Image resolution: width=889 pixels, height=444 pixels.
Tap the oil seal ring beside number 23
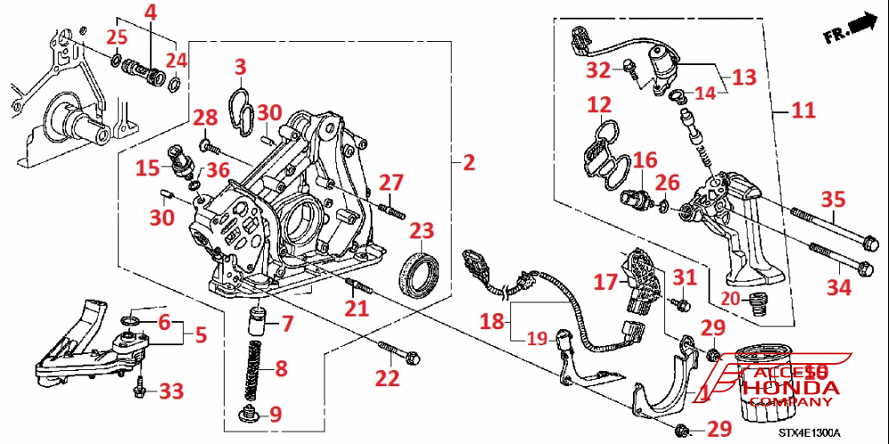click(x=420, y=270)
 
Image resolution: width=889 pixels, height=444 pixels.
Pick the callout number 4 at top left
click(x=150, y=12)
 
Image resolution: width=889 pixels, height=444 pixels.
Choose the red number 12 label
click(x=598, y=105)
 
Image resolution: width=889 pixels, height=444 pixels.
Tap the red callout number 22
click(x=387, y=377)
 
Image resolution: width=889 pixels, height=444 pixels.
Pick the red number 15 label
click(x=148, y=166)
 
